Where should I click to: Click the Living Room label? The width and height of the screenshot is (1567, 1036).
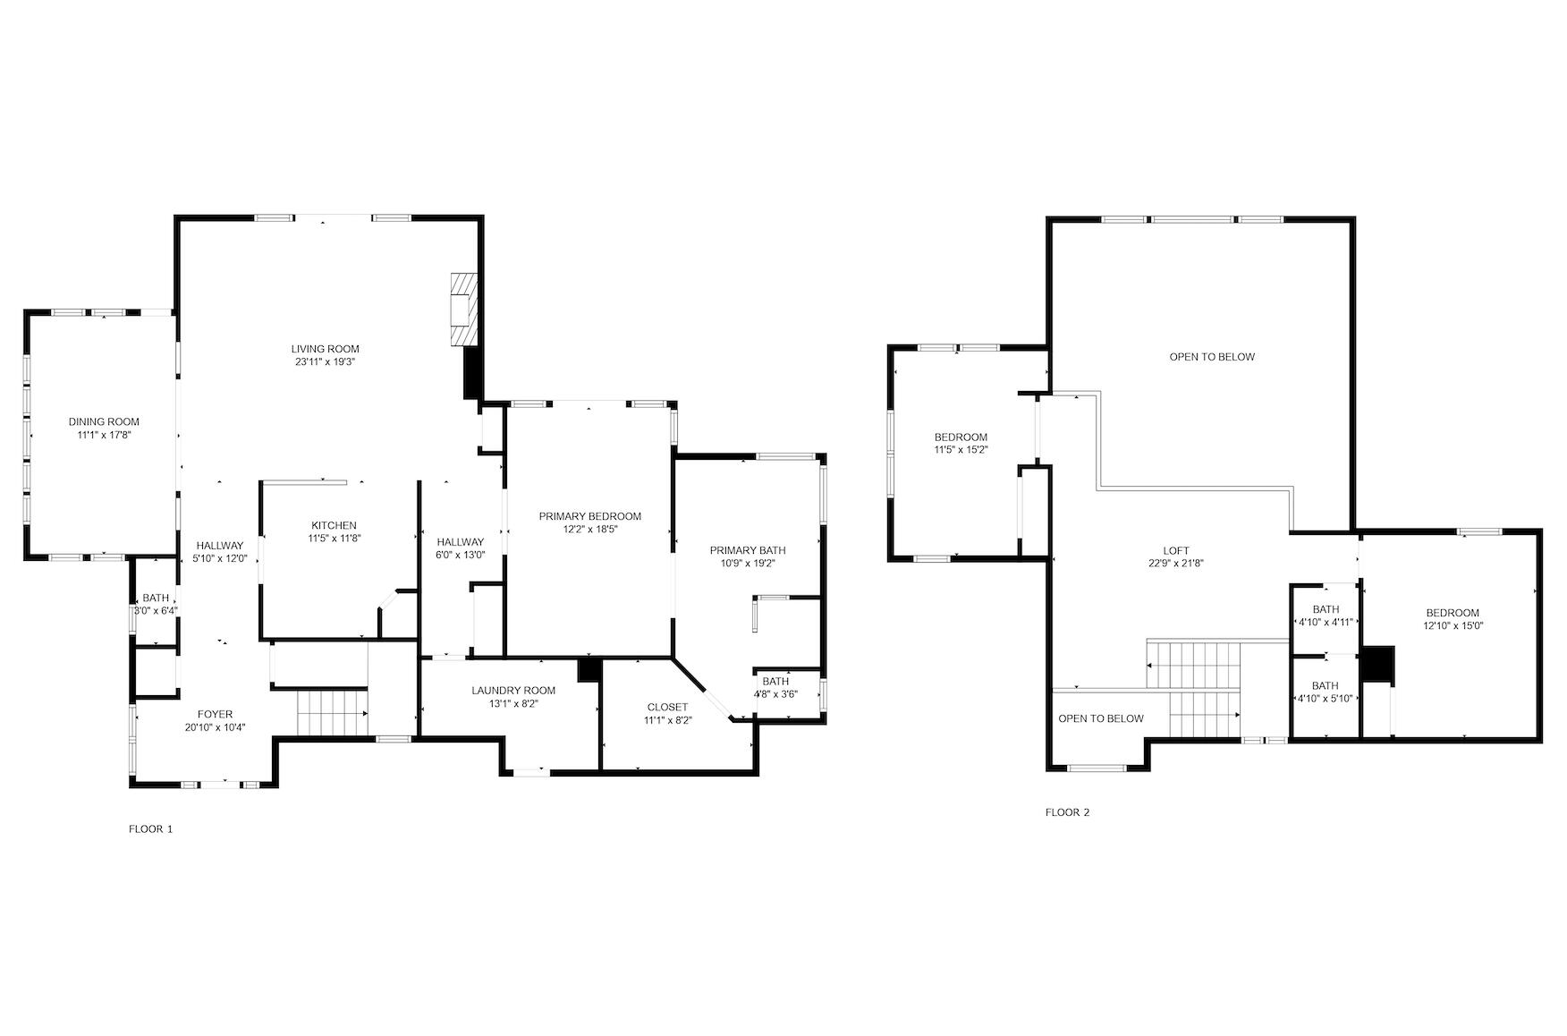[325, 349]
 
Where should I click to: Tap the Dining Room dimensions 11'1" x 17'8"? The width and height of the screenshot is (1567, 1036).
[104, 435]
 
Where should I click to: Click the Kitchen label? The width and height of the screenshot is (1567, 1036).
[334, 525]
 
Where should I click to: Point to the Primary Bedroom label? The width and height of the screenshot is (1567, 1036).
[589, 516]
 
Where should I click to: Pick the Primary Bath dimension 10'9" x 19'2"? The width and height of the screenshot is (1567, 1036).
[747, 564]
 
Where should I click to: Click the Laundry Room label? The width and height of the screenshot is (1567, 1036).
[513, 690]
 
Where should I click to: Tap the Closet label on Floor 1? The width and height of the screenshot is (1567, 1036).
[667, 707]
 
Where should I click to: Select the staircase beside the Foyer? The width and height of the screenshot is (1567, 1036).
[332, 713]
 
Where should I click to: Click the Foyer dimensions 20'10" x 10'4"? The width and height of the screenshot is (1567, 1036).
[215, 727]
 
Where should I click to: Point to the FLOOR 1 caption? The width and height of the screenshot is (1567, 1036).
[151, 829]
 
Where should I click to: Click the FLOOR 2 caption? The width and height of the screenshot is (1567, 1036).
[1068, 813]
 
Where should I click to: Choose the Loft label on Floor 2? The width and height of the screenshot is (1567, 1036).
[1176, 551]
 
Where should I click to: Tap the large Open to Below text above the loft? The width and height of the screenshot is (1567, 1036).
[1212, 357]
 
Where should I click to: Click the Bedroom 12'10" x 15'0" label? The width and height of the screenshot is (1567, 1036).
[1453, 613]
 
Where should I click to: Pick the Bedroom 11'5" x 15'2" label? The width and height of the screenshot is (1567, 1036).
[961, 437]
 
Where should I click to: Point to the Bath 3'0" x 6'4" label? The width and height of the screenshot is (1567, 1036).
[156, 599]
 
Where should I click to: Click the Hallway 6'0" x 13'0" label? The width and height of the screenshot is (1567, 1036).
[461, 542]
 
